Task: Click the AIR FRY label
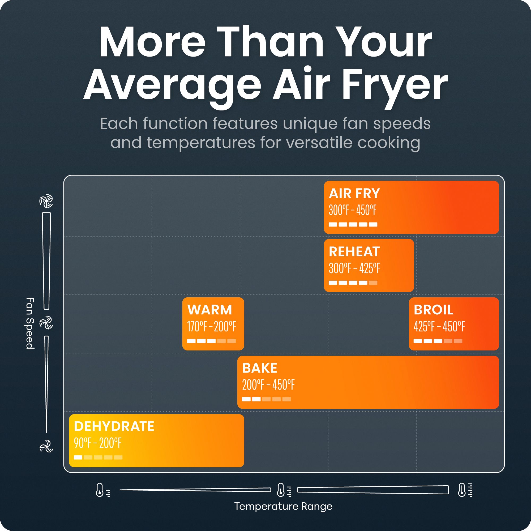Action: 354,194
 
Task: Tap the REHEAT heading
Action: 354,252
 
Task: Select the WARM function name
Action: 210,310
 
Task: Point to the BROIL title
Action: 434,310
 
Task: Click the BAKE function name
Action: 260,368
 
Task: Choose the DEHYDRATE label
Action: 114,427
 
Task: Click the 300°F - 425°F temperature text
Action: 354,268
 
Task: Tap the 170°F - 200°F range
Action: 212,327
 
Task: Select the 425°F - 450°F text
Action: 439,327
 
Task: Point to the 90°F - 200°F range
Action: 97,443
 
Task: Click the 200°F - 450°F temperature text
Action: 268,385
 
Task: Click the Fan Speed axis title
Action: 30,323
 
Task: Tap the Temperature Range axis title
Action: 283,506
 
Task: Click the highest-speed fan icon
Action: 46,201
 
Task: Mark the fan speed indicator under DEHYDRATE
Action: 98,457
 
